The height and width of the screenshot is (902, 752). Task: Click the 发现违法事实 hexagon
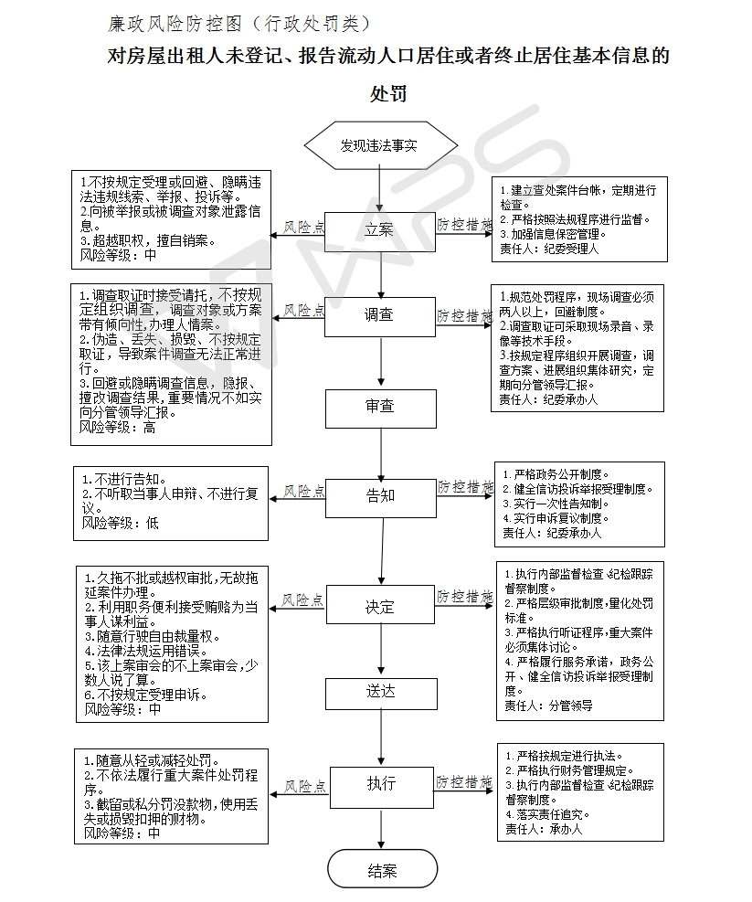tap(380, 145)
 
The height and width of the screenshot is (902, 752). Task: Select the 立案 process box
tap(380, 229)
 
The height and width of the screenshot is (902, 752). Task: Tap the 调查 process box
tap(380, 315)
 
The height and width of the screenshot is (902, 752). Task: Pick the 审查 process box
tap(380, 406)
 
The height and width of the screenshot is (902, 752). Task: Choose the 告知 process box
tap(380, 495)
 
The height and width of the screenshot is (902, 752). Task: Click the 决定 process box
tap(380, 607)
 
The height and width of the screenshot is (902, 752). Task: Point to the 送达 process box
tap(380, 693)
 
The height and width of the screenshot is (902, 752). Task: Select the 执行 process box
tap(380, 784)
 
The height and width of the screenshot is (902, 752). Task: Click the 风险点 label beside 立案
tap(303, 226)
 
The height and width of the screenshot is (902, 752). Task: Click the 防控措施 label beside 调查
tap(464, 314)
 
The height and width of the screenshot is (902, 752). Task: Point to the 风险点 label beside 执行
tap(303, 785)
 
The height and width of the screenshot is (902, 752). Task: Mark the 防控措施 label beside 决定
tap(464, 596)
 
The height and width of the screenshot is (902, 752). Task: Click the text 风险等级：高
tap(118, 426)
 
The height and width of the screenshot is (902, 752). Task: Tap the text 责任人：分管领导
tap(549, 706)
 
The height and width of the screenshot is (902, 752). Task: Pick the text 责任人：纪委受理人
tap(549, 249)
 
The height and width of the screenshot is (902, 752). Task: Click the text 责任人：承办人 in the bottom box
tap(543, 829)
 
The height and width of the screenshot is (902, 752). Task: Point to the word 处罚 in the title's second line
tap(387, 94)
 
